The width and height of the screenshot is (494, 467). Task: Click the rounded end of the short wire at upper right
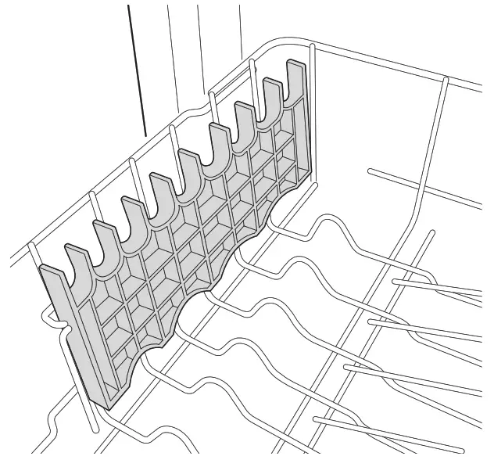click(x=371, y=169)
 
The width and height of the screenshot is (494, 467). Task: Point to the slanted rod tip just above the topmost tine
click(x=431, y=232)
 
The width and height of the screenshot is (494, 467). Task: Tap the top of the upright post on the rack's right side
click(x=445, y=79)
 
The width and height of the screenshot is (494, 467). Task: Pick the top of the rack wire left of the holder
click(x=30, y=246)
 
